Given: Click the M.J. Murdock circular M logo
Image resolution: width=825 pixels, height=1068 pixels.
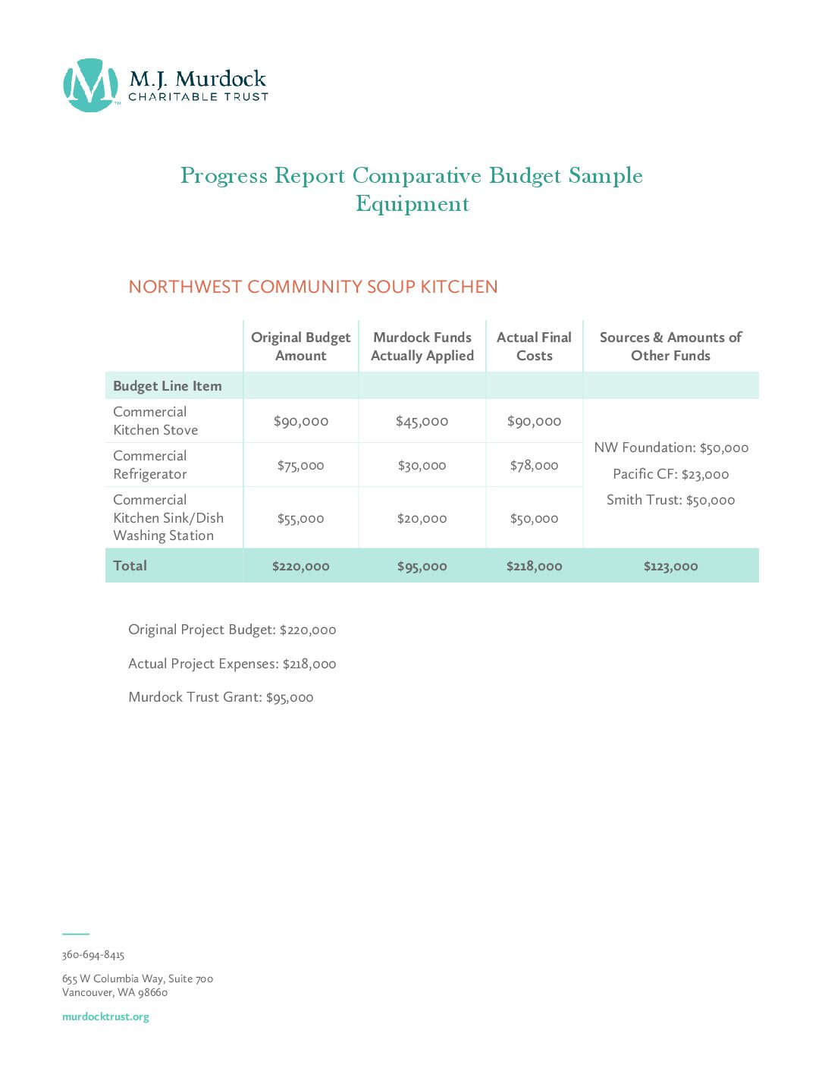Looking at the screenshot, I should click(90, 86).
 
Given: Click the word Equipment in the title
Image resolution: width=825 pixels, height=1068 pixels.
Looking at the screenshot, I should click(412, 204).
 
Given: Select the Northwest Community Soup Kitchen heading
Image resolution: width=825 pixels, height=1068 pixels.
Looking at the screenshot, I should click(313, 287).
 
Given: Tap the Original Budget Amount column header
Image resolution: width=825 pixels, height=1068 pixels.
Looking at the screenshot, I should click(301, 347).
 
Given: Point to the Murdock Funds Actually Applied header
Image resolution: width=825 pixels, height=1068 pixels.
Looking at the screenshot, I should click(422, 347).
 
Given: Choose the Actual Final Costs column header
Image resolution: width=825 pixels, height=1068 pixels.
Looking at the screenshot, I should click(535, 347).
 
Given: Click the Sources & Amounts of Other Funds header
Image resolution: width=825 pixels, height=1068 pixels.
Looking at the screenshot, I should click(670, 347).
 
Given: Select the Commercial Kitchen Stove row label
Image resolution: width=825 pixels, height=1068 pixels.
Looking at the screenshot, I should click(155, 421).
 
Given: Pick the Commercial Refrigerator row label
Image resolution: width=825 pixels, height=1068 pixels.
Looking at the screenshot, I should click(150, 465).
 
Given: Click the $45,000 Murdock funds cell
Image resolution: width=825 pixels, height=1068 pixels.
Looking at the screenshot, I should click(422, 422).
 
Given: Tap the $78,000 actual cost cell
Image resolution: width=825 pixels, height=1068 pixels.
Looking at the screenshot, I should click(535, 466).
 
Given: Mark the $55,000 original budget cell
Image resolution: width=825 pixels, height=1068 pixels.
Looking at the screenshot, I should click(301, 519).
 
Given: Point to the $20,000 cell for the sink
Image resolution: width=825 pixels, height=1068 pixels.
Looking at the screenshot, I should click(422, 519).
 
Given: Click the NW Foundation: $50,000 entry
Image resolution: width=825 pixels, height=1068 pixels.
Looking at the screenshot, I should click(671, 448).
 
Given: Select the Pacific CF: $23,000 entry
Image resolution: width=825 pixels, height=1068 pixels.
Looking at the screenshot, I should click(671, 474).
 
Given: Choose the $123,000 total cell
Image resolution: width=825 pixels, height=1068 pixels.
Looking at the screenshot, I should click(671, 567).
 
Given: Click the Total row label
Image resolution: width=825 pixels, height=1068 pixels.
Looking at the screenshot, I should click(130, 566).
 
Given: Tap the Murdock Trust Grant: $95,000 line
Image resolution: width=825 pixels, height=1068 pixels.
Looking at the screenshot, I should click(221, 697).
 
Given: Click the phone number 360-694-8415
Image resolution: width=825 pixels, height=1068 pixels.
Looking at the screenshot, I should click(93, 955).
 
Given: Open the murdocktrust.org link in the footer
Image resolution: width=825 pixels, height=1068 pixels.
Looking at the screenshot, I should click(105, 1017).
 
